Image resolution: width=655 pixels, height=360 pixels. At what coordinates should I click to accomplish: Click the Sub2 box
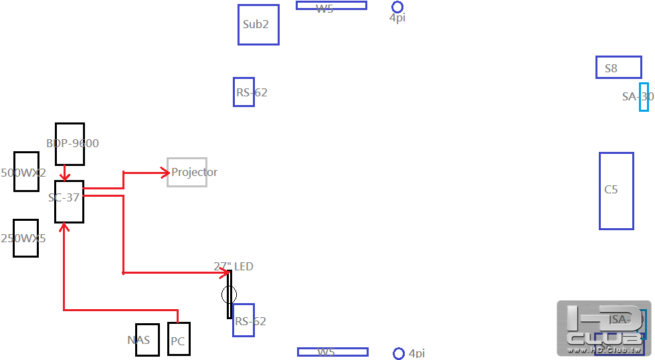point(258,25)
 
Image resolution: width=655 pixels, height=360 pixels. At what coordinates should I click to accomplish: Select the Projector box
point(187,172)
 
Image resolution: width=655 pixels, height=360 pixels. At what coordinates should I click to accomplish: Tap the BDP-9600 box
point(70,144)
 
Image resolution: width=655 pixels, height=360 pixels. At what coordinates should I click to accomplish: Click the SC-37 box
point(69,201)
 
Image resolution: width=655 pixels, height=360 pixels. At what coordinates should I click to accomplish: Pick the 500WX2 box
point(26,171)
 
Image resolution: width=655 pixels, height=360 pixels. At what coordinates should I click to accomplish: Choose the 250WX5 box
point(25,238)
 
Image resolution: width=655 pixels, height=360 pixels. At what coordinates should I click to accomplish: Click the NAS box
point(147,340)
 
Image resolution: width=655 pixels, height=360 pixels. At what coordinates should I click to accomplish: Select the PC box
point(179,339)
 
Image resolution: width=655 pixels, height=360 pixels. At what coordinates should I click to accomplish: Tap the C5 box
point(616,191)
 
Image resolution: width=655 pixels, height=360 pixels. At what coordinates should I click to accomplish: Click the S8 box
point(619,68)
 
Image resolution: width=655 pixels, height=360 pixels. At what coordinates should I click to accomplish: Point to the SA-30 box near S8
point(644,97)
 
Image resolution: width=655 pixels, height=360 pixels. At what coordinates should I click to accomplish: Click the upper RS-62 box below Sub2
point(244,92)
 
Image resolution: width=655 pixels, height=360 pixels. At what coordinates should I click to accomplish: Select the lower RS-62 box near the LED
point(244,320)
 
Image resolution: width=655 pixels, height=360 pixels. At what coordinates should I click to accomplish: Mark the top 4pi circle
point(397,7)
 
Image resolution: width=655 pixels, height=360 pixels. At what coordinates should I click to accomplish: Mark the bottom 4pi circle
point(399,353)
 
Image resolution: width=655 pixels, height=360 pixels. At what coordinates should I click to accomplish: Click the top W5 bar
point(331,5)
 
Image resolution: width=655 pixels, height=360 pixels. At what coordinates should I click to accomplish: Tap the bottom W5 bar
point(333,352)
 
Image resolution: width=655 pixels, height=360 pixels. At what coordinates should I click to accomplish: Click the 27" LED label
point(233,266)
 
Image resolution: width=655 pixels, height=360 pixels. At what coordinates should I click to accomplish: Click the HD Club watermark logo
point(603,328)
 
